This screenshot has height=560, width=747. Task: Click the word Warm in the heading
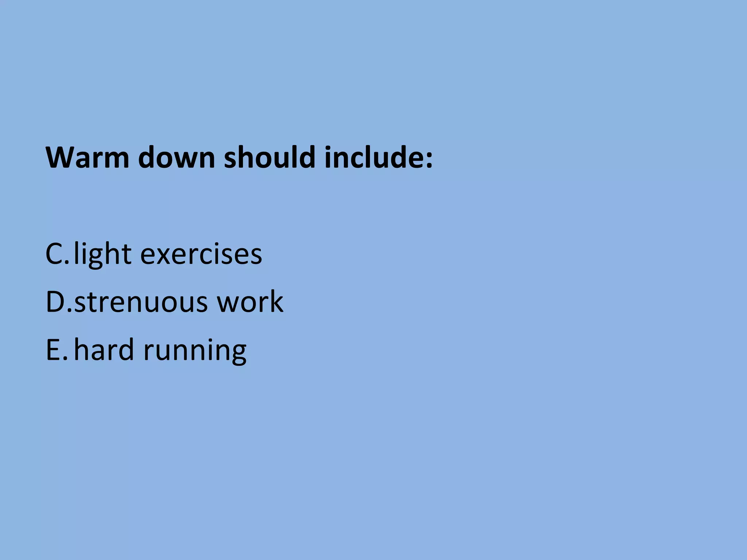pos(88,157)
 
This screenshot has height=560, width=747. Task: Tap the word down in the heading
pos(177,157)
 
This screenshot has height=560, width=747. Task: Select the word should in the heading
pos(269,157)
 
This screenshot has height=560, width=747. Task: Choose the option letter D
pos(56,302)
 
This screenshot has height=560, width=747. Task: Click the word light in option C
pos(102,254)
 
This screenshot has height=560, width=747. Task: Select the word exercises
pos(201,254)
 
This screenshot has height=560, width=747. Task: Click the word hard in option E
pos(104,350)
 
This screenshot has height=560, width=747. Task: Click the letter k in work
pos(276,302)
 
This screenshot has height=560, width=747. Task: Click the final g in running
pos(238,354)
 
